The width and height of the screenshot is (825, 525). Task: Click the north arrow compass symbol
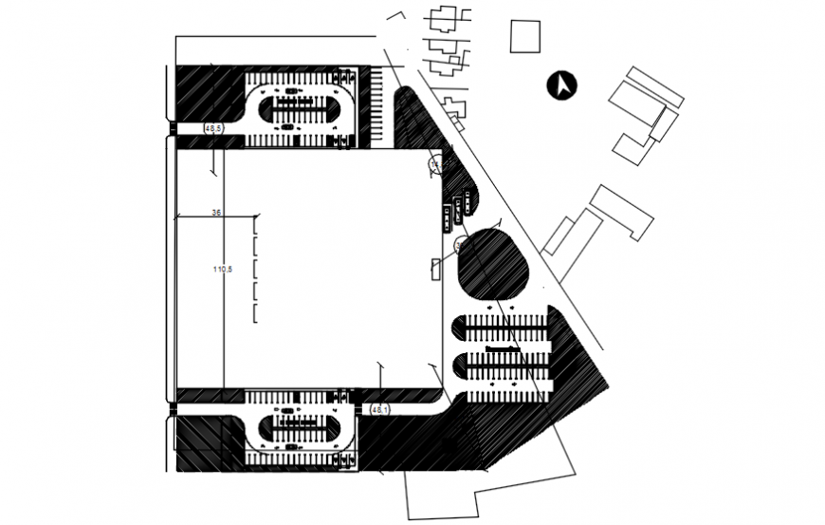pyautogui.click(x=563, y=86)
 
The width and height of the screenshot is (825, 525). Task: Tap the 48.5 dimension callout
pyautogui.click(x=212, y=127)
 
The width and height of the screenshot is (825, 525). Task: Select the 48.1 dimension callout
pyautogui.click(x=378, y=409)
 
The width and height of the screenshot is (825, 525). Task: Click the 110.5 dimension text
pyautogui.click(x=223, y=271)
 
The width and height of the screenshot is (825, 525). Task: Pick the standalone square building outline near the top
pyautogui.click(x=523, y=36)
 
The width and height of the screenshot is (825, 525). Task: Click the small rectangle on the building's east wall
pyautogui.click(x=436, y=269)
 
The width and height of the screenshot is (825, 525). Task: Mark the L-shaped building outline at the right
pyautogui.click(x=621, y=212)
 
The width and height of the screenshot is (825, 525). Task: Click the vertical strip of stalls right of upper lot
pyautogui.click(x=378, y=107)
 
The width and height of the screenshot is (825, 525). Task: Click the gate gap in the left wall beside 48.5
pyautogui.click(x=172, y=128)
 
